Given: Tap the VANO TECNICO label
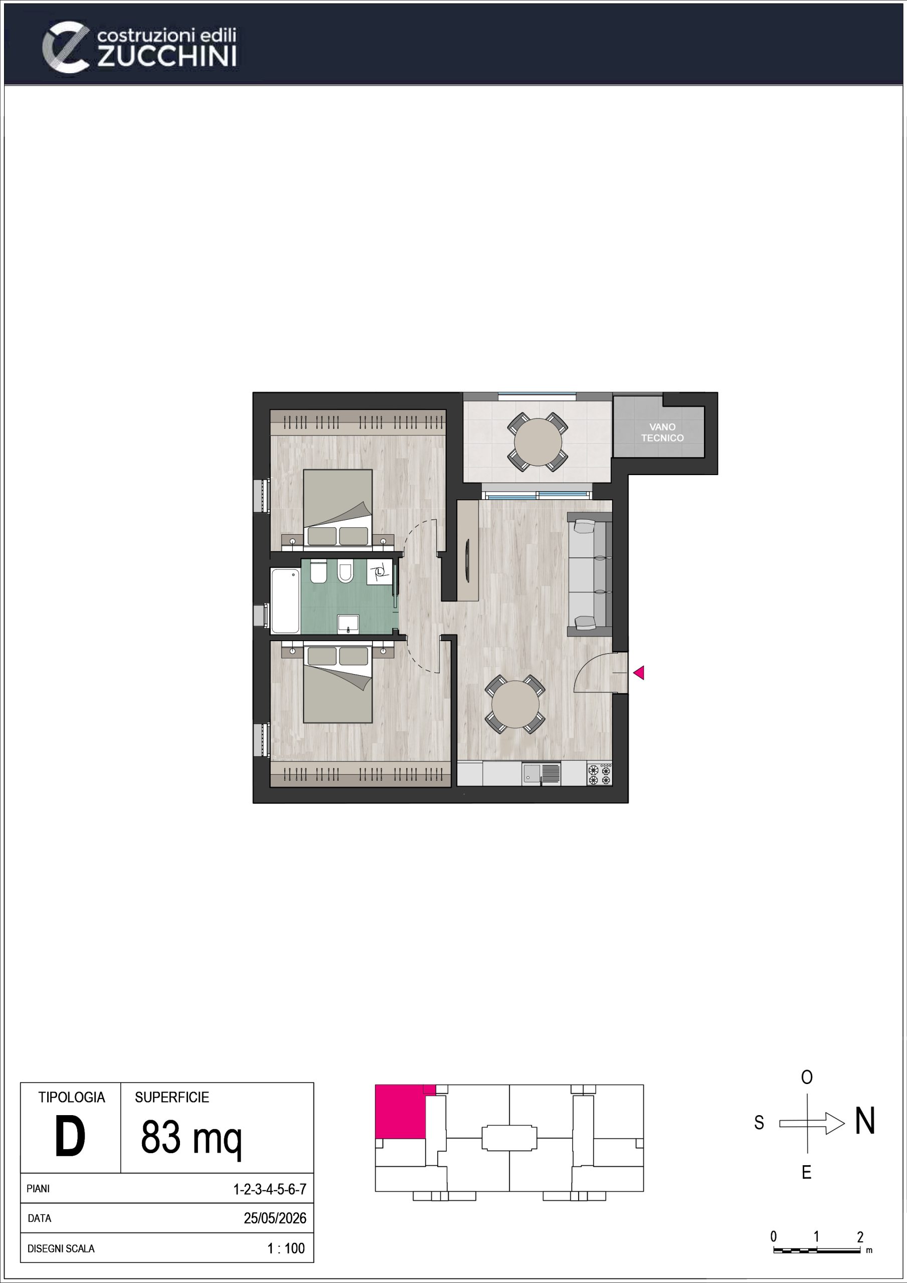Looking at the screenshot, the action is pyautogui.click(x=662, y=433).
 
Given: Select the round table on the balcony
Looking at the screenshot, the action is pyautogui.click(x=537, y=442).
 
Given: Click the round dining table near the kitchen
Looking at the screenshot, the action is pyautogui.click(x=515, y=704).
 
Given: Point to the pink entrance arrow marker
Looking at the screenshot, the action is pyautogui.click(x=639, y=673).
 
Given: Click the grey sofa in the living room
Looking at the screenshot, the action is pyautogui.click(x=590, y=574).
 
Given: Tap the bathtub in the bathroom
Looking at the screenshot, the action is pyautogui.click(x=285, y=601).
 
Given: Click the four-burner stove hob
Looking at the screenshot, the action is pyautogui.click(x=600, y=774).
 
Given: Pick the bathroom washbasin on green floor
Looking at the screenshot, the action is pyautogui.click(x=348, y=623).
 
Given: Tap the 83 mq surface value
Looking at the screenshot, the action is pyautogui.click(x=191, y=1139).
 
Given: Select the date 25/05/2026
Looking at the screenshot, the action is pyautogui.click(x=275, y=1218).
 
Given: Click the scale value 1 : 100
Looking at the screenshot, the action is pyautogui.click(x=286, y=1248).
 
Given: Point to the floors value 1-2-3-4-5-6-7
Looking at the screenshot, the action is pyautogui.click(x=270, y=1189).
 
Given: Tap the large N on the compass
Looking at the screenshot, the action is pyautogui.click(x=864, y=1121).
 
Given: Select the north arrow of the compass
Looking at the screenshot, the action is pyautogui.click(x=812, y=1123).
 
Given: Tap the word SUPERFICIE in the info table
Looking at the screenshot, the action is pyautogui.click(x=171, y=1097).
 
